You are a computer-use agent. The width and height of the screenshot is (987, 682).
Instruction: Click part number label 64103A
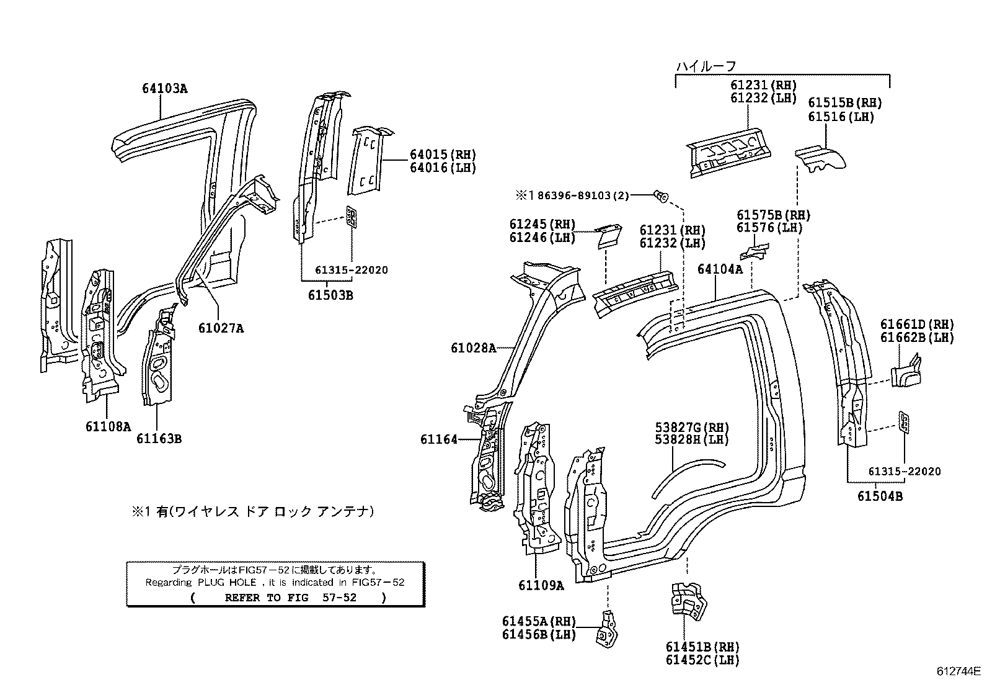pos(164,88)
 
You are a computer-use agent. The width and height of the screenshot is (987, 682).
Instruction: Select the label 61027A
pos(221,328)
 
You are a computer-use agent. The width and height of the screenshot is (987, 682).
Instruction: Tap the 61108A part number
pos(108,426)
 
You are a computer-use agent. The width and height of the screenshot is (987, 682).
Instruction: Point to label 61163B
pos(159,439)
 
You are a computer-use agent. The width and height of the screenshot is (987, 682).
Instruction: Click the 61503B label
pos(330,295)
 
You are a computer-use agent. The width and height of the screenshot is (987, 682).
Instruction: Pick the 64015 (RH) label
pos(443,155)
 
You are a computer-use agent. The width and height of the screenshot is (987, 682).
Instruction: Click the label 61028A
pos(474,348)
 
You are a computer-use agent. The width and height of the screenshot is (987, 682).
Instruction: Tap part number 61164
pos(438,439)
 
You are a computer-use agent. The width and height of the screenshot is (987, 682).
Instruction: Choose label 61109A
pos(541,585)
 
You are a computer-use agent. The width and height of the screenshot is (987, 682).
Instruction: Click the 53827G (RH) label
pos(692,427)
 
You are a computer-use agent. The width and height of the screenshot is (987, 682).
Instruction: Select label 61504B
pos(880,496)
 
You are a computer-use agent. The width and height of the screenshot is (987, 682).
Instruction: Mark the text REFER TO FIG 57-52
pos(289,598)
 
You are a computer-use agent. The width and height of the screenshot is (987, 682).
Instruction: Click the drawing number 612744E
pos(958,671)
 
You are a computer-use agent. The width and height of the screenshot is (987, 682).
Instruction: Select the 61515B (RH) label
pos(844,103)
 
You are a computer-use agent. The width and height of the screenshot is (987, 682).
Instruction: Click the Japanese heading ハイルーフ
pos(706,66)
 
